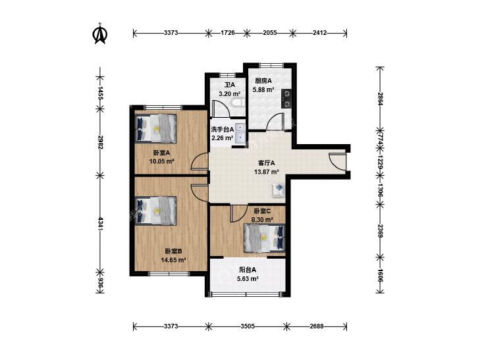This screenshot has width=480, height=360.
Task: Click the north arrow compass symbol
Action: pos(100,34)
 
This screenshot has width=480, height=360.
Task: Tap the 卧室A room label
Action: pos(161,153)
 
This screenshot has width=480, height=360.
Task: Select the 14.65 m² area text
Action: pos(174,260)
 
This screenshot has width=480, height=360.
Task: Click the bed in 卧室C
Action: pos(264,238)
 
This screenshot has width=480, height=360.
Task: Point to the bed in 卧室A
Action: pos(156,128)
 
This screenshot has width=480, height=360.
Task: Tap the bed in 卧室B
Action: pos(156,211)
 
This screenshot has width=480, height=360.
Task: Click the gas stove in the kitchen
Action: pos(287,99)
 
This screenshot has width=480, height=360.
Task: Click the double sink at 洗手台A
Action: pos(240,134)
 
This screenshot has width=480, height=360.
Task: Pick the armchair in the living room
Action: pos(279,190)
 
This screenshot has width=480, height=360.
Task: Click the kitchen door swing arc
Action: pos(273,122)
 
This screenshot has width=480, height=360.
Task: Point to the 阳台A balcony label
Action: pos(248,270)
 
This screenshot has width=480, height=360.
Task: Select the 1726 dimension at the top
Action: pos(227,32)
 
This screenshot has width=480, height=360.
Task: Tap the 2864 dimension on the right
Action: pos(380,99)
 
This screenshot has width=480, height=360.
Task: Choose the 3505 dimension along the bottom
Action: pos(248,326)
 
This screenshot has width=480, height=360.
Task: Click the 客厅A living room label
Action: pos(266,163)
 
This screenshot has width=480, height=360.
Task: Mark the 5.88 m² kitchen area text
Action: pos(263,90)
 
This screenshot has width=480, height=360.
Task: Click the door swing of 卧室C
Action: pos(238,213)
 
